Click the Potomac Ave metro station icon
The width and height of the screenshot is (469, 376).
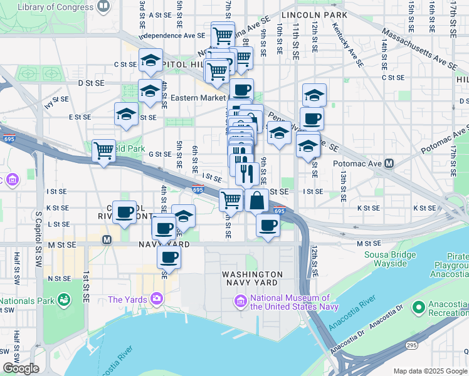pos(389,164)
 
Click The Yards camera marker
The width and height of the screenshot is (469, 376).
pos(154,300)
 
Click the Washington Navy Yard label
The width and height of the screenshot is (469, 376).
pos(252,279)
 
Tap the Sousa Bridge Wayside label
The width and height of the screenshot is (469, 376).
pos(391,259)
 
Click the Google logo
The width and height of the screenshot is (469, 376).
pos(21,368)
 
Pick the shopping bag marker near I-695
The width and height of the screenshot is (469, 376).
pos(257,201)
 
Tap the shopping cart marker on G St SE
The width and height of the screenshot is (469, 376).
pos(104,150)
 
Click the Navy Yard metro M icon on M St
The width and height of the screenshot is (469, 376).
pos(107,239)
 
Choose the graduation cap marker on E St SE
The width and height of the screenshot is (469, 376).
pos(126,115)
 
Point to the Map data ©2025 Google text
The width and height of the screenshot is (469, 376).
pos(430,371)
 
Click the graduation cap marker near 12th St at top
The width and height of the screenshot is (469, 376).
pos(314,95)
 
